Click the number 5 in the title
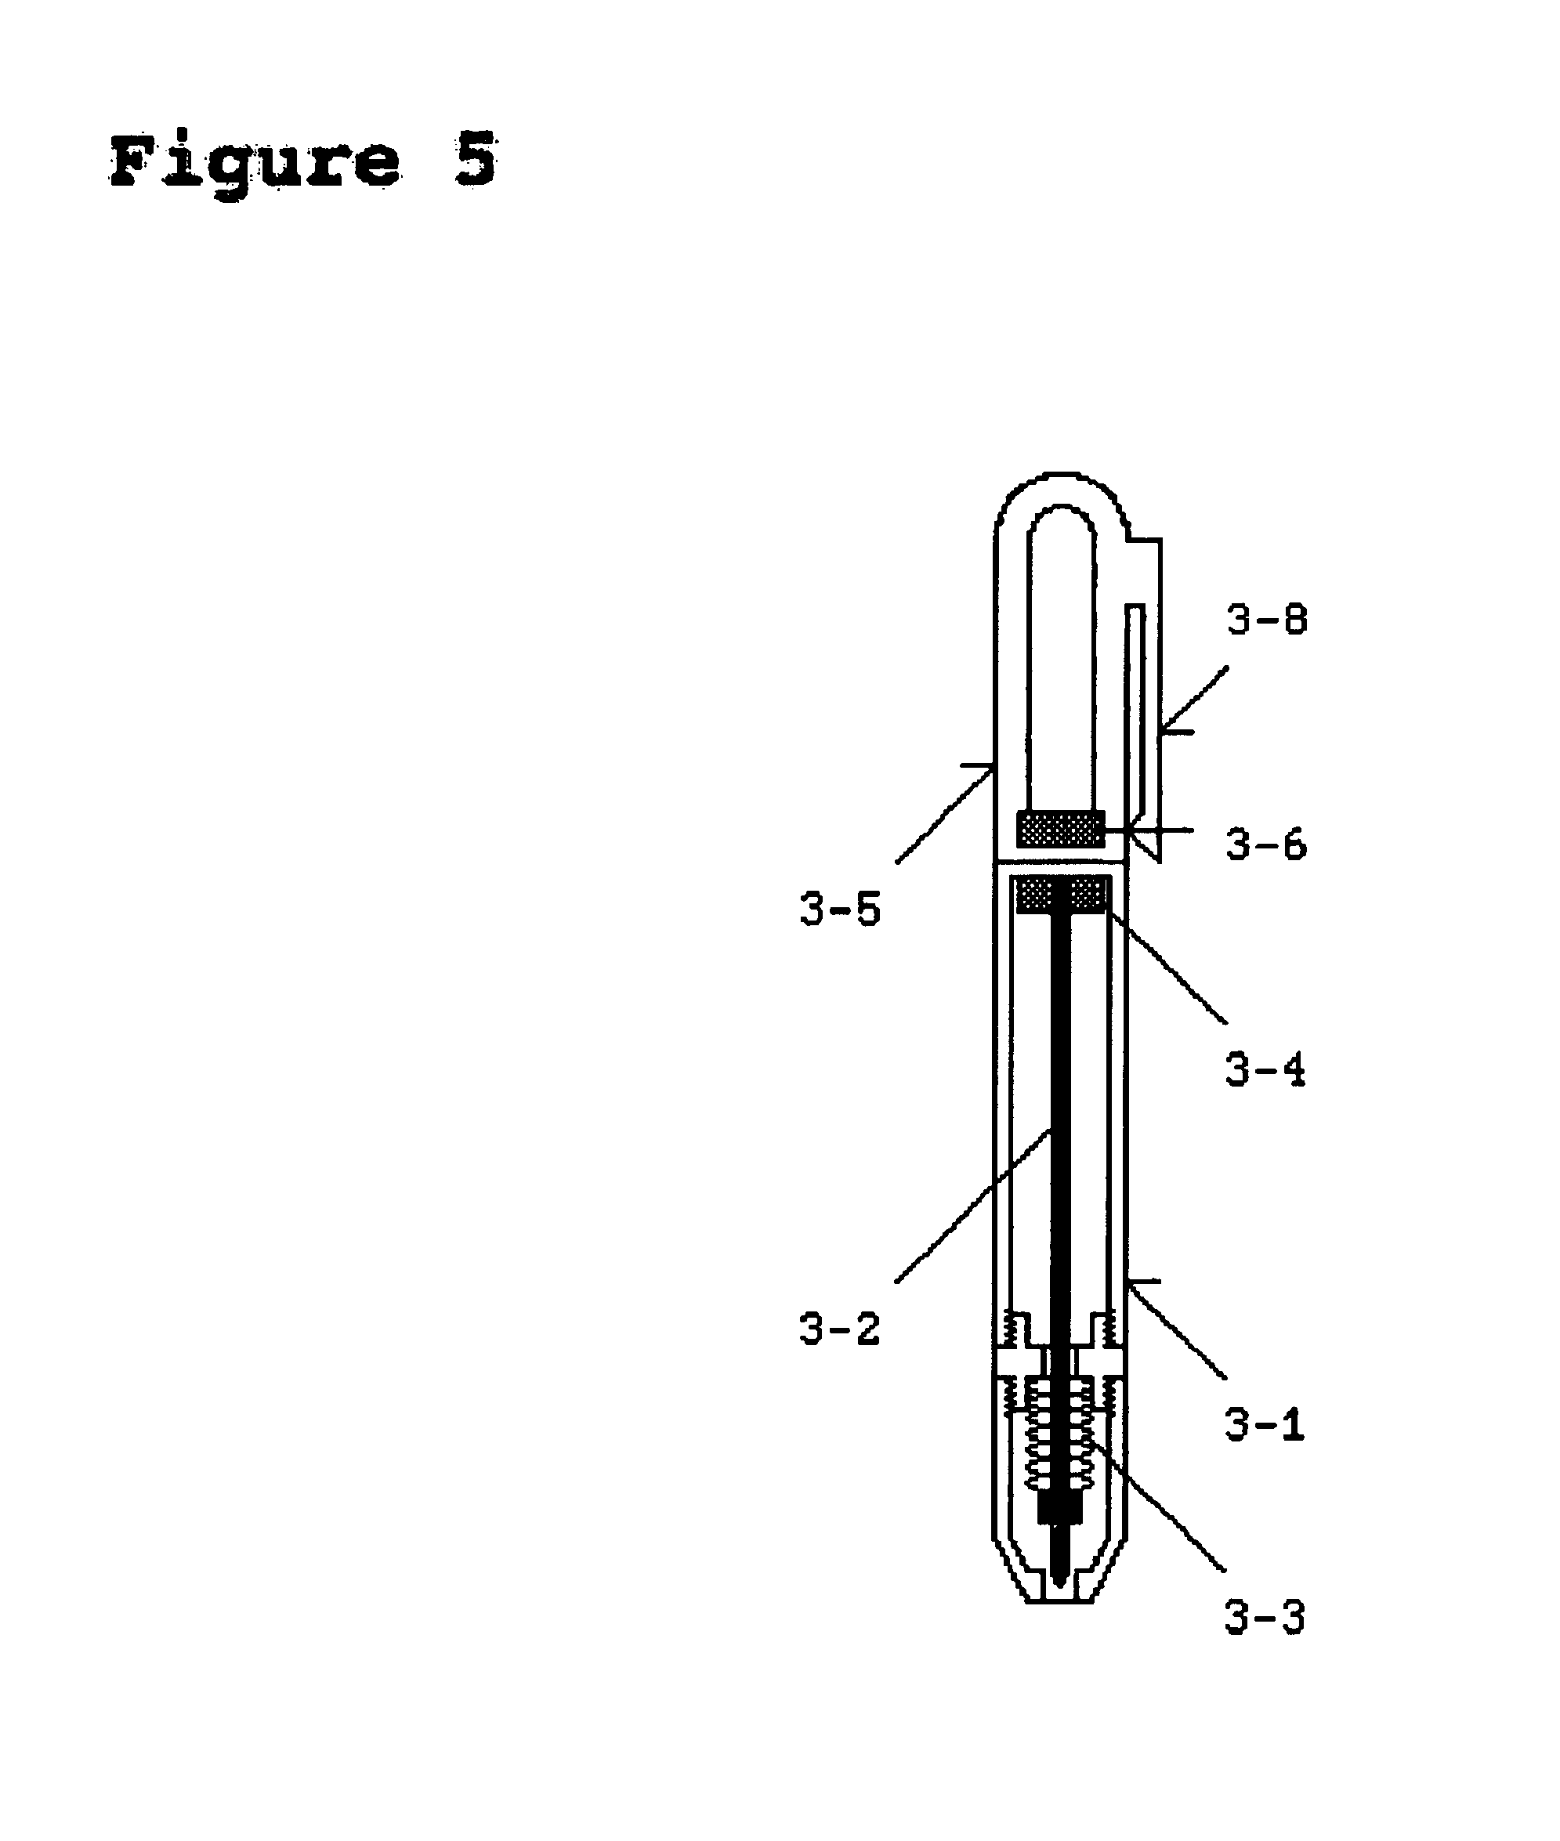[x=475, y=159]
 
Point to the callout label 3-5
[x=840, y=910]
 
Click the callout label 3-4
[x=1265, y=1071]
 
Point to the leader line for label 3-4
[x=1167, y=968]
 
